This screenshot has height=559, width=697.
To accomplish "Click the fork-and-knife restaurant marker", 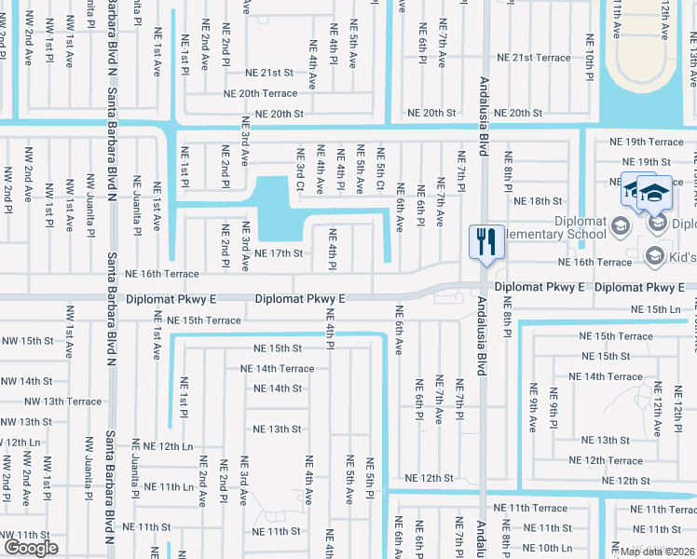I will [x=485, y=241].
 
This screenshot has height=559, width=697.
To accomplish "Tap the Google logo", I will [x=31, y=548].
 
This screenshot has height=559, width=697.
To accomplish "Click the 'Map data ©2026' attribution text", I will [x=657, y=551].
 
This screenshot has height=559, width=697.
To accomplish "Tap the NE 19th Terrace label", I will [x=646, y=143].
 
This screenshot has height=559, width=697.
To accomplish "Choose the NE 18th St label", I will [x=539, y=200].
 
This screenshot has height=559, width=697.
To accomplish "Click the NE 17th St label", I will [x=279, y=253].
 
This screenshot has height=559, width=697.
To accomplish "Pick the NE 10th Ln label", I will [x=561, y=549].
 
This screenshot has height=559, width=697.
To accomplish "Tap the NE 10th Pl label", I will [x=589, y=55].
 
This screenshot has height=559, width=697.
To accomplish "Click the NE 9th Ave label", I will [x=533, y=407].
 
